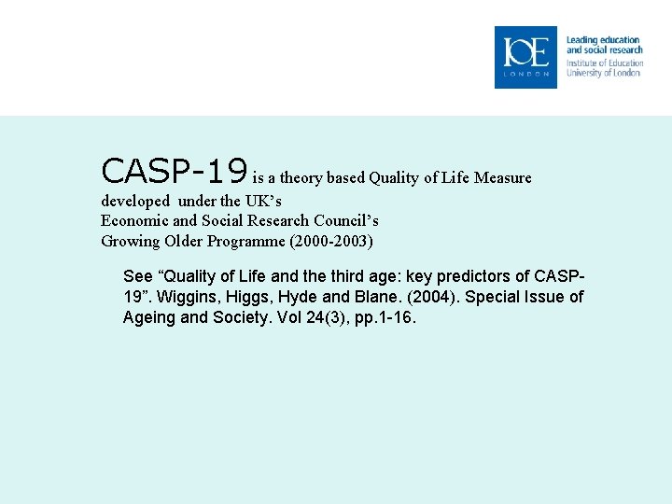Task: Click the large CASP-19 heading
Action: [175, 171]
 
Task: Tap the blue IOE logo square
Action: [525, 57]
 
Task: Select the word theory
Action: [300, 177]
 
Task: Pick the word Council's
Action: [343, 221]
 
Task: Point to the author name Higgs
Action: [251, 298]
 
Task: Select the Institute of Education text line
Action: [604, 63]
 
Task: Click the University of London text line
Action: [603, 73]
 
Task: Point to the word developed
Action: [135, 201]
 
